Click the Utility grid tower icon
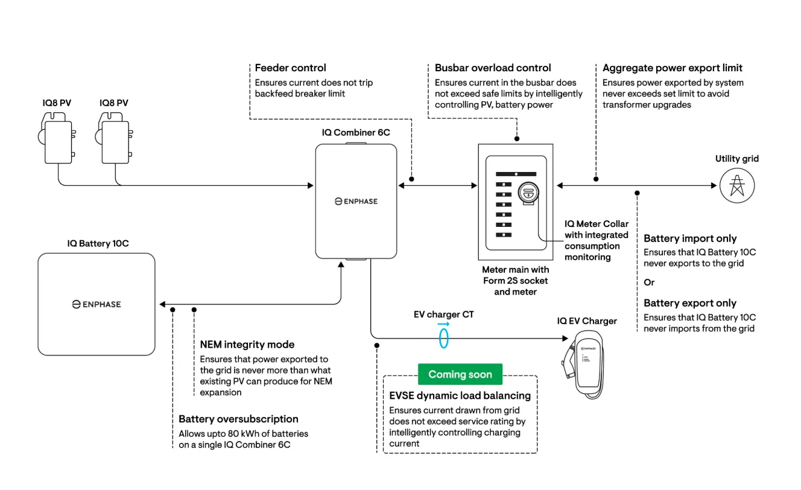click(737, 185)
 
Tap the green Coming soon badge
click(460, 374)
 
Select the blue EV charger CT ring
click(444, 339)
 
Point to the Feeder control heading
click(290, 68)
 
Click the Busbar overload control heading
click(493, 68)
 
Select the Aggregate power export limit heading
click(673, 68)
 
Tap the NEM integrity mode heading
click(247, 345)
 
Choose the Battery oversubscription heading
click(238, 419)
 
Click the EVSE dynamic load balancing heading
click(460, 396)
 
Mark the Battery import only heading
click(690, 238)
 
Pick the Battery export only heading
click(690, 303)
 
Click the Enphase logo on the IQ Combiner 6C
click(356, 201)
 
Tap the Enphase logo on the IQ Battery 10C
click(97, 304)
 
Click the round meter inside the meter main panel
click(528, 193)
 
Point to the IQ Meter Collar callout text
click(596, 240)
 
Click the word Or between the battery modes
click(649, 282)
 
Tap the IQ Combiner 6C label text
click(356, 132)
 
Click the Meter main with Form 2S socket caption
click(515, 281)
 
